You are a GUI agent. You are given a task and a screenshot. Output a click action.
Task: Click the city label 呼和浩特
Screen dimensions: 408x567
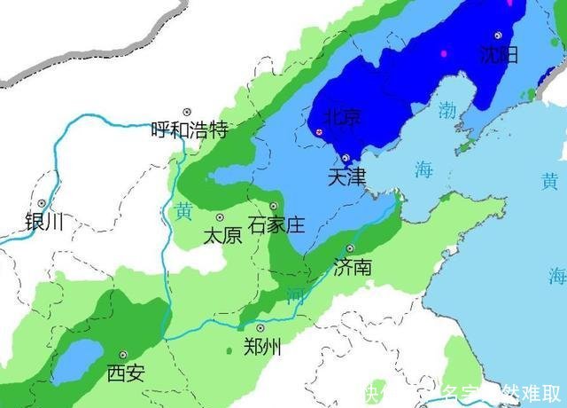189,130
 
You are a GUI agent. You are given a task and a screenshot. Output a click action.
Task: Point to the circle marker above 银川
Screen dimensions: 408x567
42,203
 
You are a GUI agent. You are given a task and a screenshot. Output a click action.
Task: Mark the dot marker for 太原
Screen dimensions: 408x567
220,217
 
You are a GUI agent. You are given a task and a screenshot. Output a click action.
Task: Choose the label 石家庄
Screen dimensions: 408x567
276,224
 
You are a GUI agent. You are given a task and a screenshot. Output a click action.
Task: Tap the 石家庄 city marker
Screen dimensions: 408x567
274,206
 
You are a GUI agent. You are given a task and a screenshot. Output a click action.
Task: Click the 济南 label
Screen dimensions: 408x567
353,267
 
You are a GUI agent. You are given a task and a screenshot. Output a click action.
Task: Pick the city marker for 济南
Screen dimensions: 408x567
350,248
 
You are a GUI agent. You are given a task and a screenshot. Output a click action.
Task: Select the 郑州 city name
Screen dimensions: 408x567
262,348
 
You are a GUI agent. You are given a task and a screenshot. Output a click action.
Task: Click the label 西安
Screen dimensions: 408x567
125,373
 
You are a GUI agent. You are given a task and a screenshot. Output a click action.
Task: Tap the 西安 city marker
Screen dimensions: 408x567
123,354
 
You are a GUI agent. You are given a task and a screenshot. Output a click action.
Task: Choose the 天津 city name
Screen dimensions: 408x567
346,177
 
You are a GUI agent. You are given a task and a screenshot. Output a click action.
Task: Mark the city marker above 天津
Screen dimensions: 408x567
346,158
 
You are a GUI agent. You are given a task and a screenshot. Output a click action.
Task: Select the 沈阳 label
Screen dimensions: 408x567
498,54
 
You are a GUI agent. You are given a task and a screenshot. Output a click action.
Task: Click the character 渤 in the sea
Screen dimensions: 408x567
448,110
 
